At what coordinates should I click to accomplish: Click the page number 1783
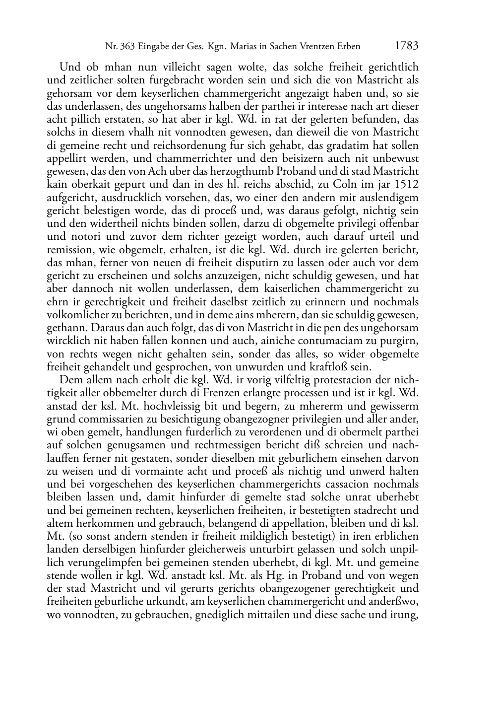coord(407,46)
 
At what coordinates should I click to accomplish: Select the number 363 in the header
coord(125,47)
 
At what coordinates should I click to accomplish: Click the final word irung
coord(404,615)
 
